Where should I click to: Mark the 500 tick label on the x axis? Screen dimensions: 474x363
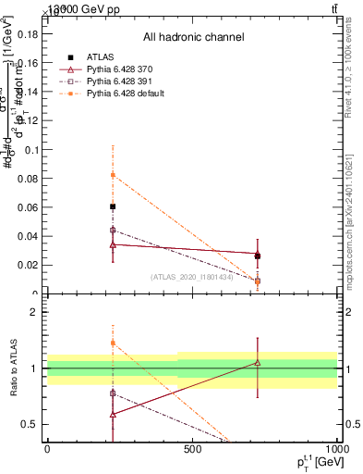click(x=192, y=449)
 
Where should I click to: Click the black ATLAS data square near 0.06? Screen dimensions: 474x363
click(x=113, y=206)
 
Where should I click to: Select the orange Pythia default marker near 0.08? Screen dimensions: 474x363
click(x=113, y=175)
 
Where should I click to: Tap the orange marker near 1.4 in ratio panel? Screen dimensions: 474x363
click(x=113, y=343)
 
